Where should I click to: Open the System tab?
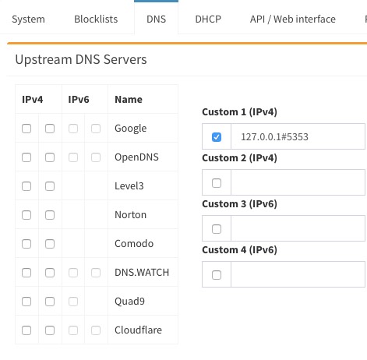(28, 19)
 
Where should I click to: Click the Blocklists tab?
(96, 19)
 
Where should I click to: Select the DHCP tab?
(208, 19)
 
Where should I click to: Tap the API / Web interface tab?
(293, 19)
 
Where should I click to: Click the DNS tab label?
(156, 19)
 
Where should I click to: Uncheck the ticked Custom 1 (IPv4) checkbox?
(217, 137)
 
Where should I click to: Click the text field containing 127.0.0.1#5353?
(298, 136)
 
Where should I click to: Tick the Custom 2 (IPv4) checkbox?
(217, 183)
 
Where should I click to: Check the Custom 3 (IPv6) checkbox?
(217, 229)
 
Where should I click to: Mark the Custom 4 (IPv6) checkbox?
(217, 275)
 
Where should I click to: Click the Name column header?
(129, 100)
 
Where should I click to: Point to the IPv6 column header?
(79, 100)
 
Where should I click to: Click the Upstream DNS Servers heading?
(81, 59)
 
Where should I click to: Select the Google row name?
(131, 129)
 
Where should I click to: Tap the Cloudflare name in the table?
(138, 330)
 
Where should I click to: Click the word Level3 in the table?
(129, 186)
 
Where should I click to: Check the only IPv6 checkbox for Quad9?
(73, 302)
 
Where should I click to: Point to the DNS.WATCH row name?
(142, 273)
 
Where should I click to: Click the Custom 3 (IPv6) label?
(239, 204)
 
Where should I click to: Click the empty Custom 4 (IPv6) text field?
(298, 274)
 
